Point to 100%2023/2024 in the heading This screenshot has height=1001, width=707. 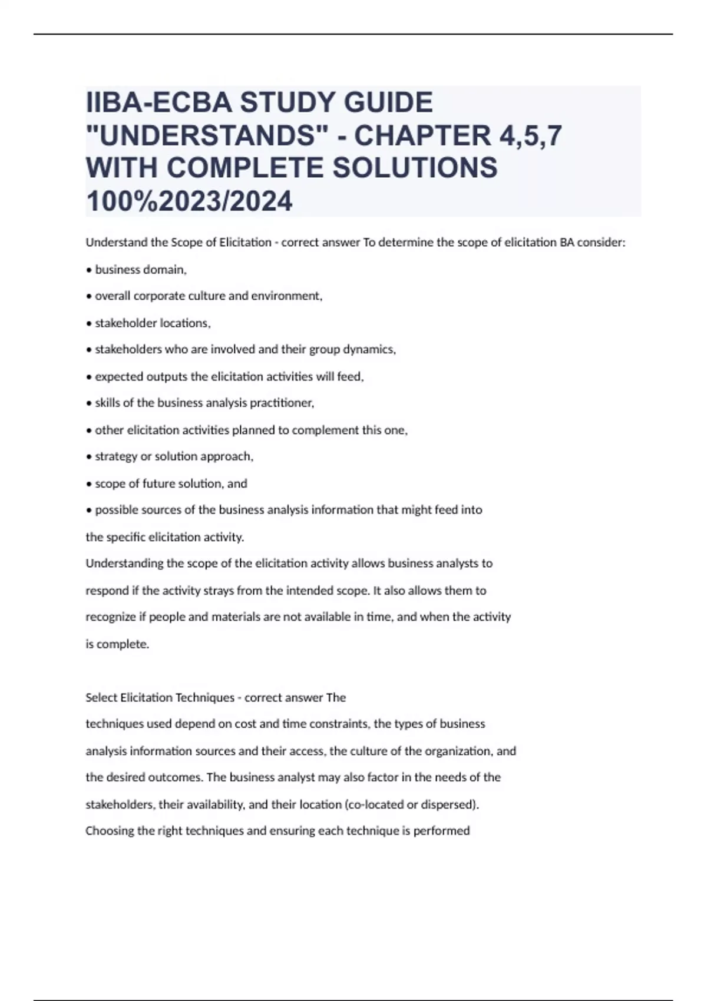[x=189, y=201]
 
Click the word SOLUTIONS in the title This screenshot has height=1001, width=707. [x=415, y=168]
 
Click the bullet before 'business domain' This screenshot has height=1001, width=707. [x=88, y=270]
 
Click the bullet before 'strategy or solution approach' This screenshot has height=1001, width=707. [x=88, y=457]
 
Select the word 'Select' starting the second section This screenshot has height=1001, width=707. [x=101, y=698]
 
